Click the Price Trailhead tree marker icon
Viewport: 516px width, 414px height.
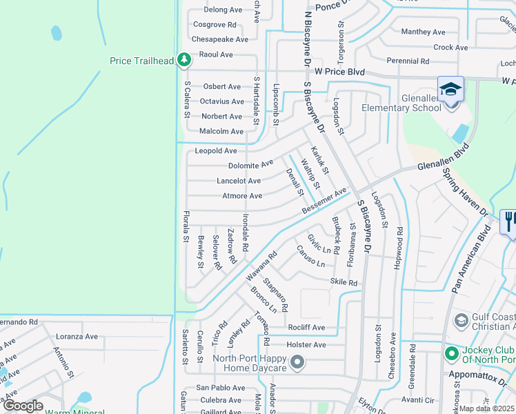183,61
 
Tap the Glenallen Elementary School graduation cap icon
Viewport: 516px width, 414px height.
450,89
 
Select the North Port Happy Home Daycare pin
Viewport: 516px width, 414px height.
297,362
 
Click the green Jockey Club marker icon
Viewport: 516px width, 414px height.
452,355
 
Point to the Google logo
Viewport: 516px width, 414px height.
22,406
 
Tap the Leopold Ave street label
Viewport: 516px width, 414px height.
216,150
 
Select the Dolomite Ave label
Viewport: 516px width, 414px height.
250,166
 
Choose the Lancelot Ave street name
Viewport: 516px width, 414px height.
239,181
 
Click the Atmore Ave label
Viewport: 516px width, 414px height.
242,196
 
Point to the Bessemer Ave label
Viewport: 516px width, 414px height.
324,201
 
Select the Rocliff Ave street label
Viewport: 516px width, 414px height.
306,328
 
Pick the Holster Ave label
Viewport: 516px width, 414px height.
307,344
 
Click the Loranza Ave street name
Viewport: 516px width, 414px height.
77,336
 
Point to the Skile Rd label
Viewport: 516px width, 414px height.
344,282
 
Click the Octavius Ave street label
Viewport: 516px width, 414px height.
221,101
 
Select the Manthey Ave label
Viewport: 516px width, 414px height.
423,32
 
